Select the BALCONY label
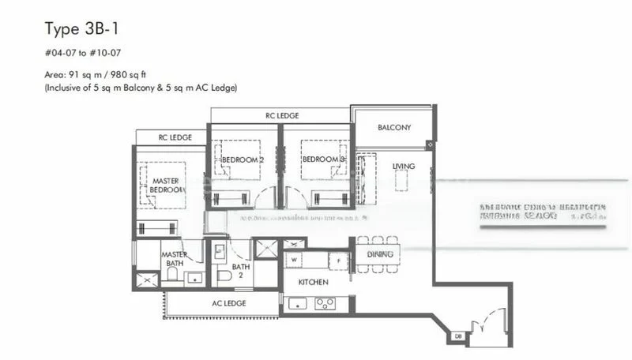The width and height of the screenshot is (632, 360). tap(393, 127)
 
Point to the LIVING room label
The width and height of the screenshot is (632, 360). tap(404, 166)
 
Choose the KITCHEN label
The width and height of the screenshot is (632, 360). tap(313, 282)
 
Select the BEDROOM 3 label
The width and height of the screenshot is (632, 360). tap(324, 159)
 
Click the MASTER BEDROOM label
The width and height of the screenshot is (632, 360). tap(164, 186)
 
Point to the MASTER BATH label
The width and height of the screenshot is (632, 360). tap(173, 259)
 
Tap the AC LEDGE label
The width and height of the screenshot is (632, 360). tap(229, 303)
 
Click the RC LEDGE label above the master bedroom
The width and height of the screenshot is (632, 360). tap(175, 137)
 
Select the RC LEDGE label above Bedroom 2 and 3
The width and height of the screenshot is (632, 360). tap(280, 115)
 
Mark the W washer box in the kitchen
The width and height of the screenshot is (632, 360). tap(294, 258)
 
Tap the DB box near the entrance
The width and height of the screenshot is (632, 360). tap(457, 337)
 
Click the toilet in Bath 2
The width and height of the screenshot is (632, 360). tap(224, 275)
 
